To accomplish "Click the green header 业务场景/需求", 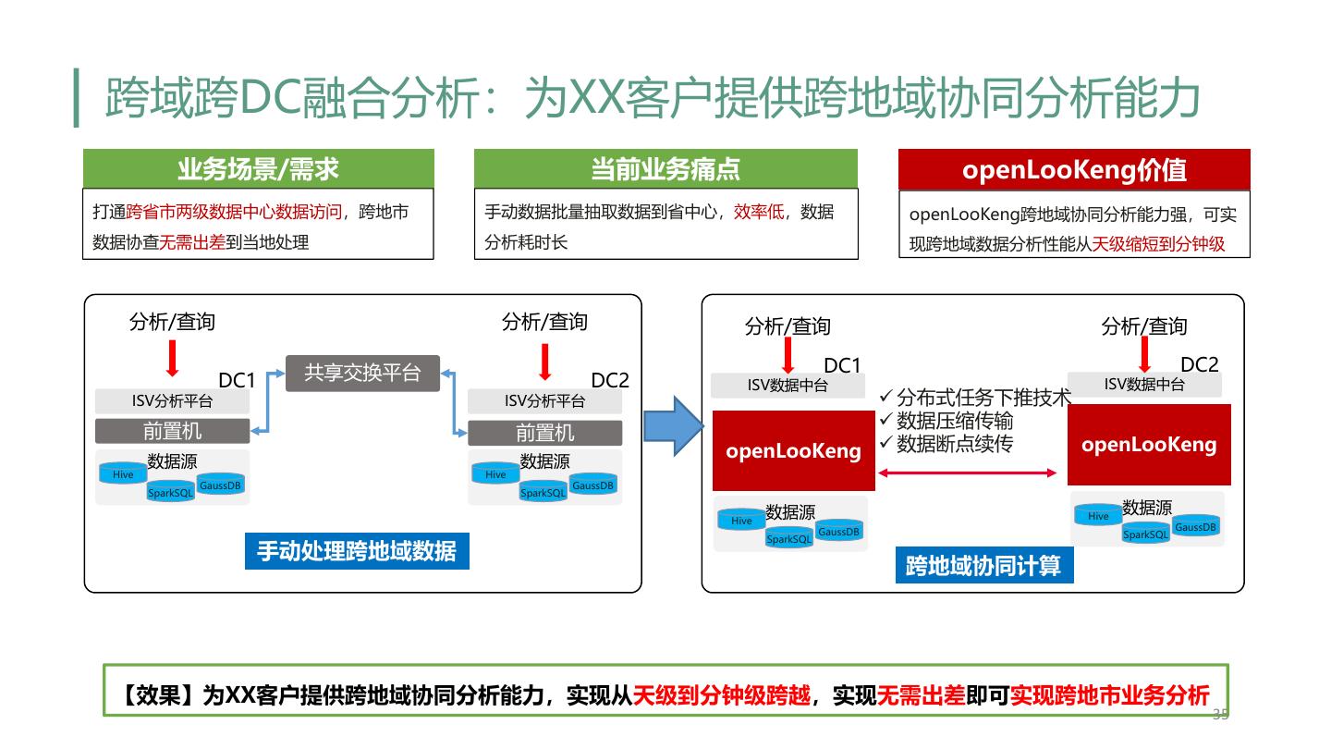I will pos(258,168).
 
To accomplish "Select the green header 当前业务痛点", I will pos(665,168).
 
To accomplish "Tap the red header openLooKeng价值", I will pos(1074,169).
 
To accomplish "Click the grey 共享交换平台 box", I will pos(362,373).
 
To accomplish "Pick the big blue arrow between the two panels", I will pos(673,425).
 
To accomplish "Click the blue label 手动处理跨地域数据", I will pos(357,551).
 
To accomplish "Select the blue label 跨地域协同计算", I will pos(983,565).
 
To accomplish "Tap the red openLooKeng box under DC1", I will pos(793,451).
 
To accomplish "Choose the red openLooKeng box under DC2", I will pos(1149,445).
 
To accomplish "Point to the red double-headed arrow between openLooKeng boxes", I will pos(967,473).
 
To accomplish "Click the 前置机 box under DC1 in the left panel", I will pos(172,431).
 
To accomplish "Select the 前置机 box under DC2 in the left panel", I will pos(544,433).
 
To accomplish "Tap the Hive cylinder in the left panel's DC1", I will pos(123,473).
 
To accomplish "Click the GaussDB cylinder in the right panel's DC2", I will pos(1196,526).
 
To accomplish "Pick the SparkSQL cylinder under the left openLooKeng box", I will pos(788,538).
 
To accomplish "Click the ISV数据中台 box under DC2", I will pos(1144,384).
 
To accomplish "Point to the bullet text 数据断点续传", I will pos(954,444).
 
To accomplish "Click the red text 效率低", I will pos(759,212).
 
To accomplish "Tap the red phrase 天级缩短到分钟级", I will pos(1158,244).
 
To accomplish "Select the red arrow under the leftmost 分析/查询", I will pos(172,358).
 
